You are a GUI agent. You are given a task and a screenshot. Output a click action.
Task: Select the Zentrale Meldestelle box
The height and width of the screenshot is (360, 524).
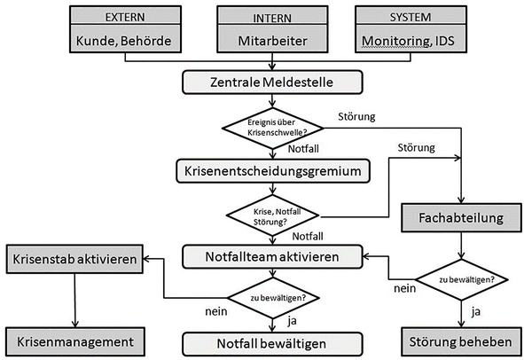(x=274, y=82)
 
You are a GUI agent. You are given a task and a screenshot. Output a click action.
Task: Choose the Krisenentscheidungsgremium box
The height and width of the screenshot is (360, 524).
(x=274, y=168)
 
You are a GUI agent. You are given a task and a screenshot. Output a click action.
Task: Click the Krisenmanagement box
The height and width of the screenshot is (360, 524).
(x=74, y=340)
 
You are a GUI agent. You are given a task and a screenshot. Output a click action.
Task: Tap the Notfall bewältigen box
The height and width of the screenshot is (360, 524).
(x=274, y=342)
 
